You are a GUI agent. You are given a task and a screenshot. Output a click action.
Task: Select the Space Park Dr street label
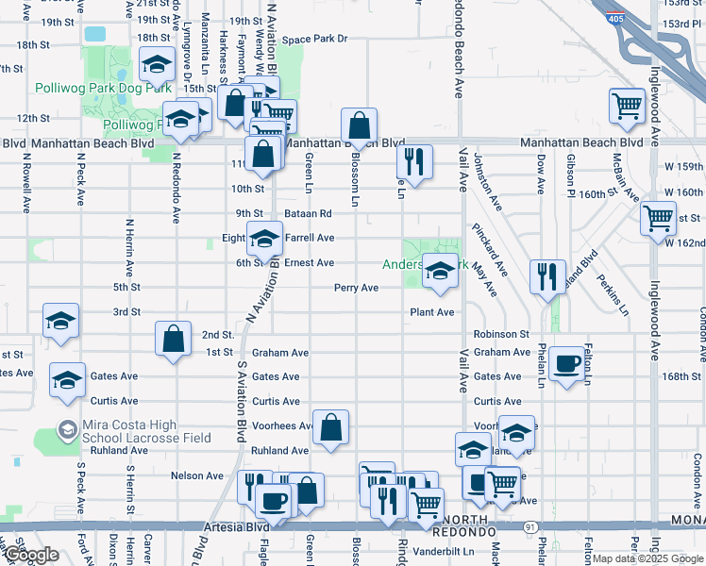(315, 40)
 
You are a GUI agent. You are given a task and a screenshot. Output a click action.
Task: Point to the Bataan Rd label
(310, 214)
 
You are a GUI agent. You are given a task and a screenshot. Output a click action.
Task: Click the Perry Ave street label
(356, 288)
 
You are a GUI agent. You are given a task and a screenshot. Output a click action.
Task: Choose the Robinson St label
(501, 334)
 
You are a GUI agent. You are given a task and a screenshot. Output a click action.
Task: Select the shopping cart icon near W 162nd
(658, 219)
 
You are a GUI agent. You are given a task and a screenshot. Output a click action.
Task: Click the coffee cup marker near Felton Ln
(566, 364)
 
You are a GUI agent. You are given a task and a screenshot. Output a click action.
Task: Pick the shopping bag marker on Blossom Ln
(360, 125)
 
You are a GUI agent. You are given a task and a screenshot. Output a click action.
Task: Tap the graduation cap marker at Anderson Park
(440, 272)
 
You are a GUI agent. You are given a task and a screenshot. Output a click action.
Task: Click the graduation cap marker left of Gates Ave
(68, 379)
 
